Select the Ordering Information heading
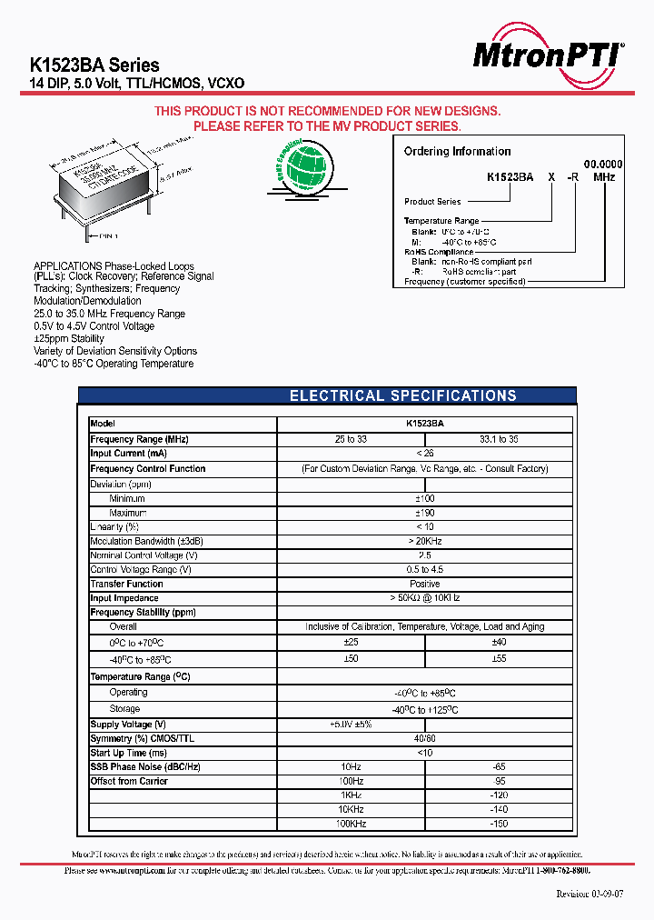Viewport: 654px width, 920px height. tap(457, 152)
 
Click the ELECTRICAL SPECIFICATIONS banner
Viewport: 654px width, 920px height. tap(402, 395)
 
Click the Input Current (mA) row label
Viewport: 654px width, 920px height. tap(128, 454)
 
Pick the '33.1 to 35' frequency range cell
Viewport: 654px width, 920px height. tap(499, 439)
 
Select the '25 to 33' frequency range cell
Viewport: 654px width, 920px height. tap(351, 439)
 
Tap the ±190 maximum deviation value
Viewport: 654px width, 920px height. tap(424, 513)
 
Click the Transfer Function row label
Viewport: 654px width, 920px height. tap(126, 584)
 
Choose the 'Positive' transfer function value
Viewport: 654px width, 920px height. tap(424, 584)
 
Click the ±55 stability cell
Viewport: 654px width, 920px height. tap(499, 657)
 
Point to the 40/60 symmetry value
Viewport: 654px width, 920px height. tap(424, 738)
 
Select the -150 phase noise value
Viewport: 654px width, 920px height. tap(499, 824)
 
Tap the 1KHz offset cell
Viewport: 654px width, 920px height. tap(351, 795)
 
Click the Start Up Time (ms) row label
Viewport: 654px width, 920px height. tap(129, 753)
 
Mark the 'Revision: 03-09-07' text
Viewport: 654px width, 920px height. tap(590, 894)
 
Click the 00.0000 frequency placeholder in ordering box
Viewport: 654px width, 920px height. tap(603, 164)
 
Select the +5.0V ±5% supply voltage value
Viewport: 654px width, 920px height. tap(351, 724)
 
